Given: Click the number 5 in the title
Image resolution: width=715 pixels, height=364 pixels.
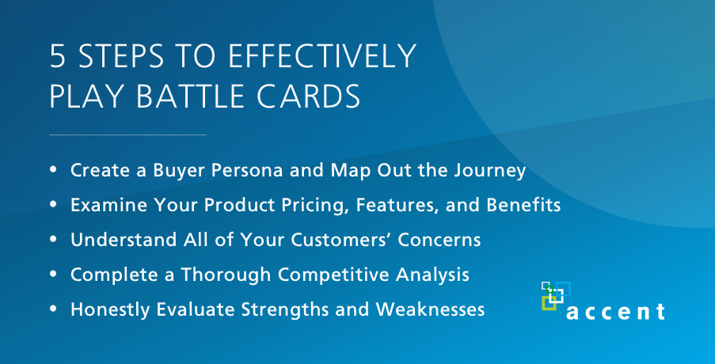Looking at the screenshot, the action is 58,56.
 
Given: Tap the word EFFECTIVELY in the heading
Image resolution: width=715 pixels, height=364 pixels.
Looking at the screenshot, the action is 322,56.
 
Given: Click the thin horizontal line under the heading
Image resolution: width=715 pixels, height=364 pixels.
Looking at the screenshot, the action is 127,135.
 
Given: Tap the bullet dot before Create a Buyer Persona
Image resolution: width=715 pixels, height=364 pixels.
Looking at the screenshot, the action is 53,170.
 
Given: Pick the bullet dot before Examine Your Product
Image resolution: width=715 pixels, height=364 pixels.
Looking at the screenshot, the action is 53,205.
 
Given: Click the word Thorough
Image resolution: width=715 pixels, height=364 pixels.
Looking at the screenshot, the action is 224,275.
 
